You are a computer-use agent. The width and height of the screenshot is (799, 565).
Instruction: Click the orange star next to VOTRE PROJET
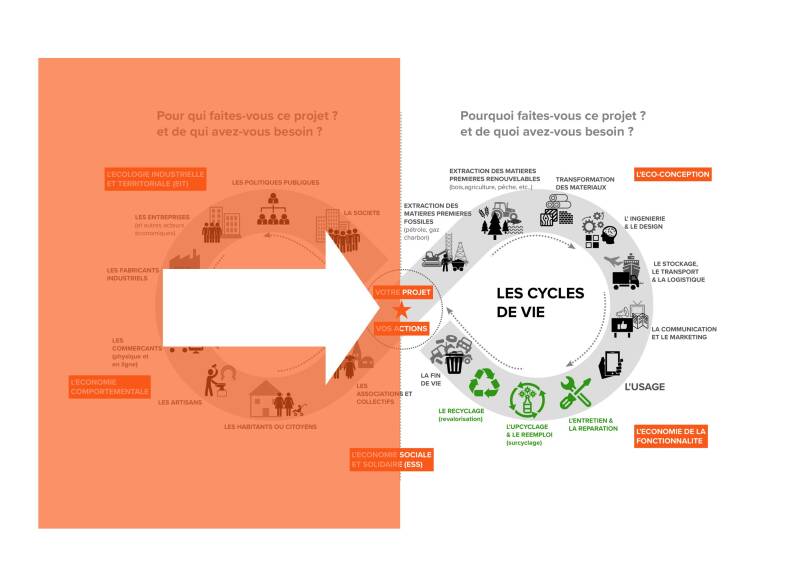point(401,310)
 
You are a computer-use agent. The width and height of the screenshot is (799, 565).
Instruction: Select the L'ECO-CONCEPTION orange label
point(672,174)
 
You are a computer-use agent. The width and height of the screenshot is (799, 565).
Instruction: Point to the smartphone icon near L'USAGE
point(611,364)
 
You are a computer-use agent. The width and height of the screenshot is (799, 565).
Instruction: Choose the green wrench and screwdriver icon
point(575,391)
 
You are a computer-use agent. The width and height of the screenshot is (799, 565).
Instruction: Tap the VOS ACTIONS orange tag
point(401,328)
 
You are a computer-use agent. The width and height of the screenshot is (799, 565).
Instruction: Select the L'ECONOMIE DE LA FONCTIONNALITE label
point(670,436)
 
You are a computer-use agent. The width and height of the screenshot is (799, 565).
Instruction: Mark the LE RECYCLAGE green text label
point(461,414)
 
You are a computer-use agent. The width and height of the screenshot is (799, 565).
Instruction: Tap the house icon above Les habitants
point(266,398)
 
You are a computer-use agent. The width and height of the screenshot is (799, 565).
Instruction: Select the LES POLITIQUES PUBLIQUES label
point(275,182)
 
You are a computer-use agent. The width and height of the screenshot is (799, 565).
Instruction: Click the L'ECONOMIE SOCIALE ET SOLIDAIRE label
point(391,459)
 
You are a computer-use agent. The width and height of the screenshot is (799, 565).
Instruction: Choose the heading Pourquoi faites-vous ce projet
point(552,123)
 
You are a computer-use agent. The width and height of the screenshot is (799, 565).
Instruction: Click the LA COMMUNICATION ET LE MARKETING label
point(679,333)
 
